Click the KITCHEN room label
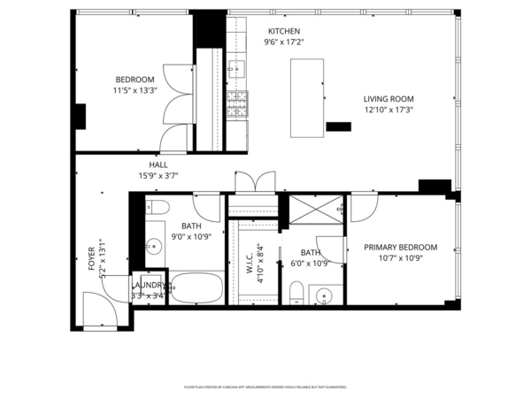tap(284, 31)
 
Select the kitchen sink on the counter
tap(236, 65)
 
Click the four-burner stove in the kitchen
tap(236, 105)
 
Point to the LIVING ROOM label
tap(389, 99)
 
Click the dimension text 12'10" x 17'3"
tap(389, 111)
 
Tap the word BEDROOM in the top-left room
tap(134, 80)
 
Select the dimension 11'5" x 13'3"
tap(134, 90)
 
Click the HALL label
tap(158, 165)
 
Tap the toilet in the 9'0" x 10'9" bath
tap(157, 209)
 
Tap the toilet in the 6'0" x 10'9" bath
tap(298, 292)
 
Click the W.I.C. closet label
tap(250, 262)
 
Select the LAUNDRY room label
tap(150, 285)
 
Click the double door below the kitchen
tap(254, 182)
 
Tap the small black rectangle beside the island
tap(338, 127)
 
